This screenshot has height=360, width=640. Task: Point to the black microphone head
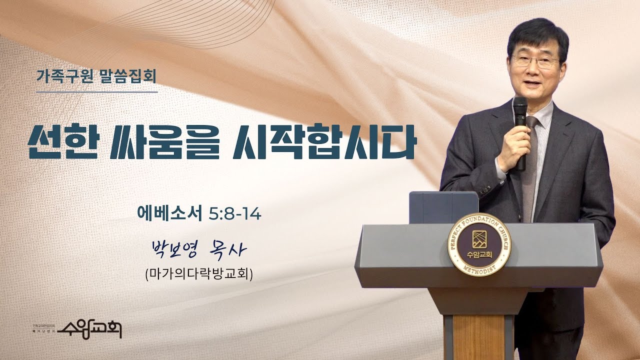tap(520, 111)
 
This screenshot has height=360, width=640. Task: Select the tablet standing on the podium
tap(443, 207)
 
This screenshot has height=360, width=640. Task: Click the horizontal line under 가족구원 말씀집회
tap(97, 92)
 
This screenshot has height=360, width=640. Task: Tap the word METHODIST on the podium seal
tap(478, 270)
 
